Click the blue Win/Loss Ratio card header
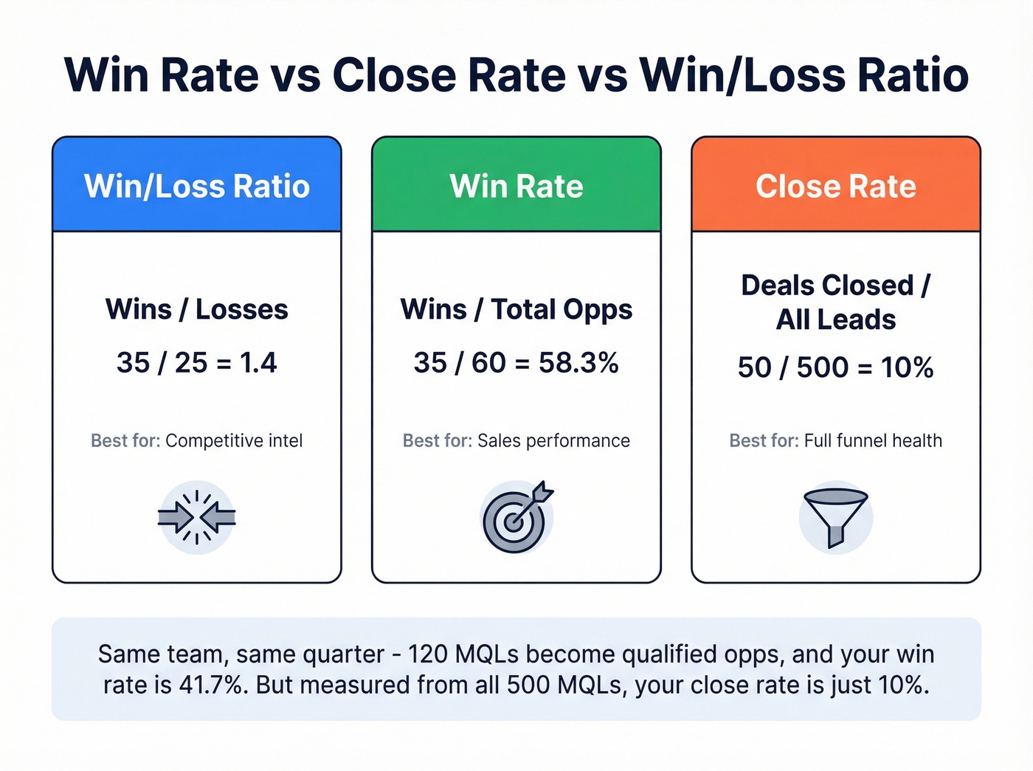point(197,186)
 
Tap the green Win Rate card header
point(516,186)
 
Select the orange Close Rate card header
point(836,186)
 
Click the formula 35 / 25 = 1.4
point(197,362)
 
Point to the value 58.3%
point(578,362)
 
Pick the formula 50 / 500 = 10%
point(836,367)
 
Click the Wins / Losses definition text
point(197,309)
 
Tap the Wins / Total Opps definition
point(516,309)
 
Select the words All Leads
point(836,319)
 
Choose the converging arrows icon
point(197,517)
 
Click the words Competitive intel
point(234,440)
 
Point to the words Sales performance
point(553,440)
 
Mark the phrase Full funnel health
point(873,440)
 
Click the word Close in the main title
point(394,75)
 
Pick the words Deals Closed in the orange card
point(827,286)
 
